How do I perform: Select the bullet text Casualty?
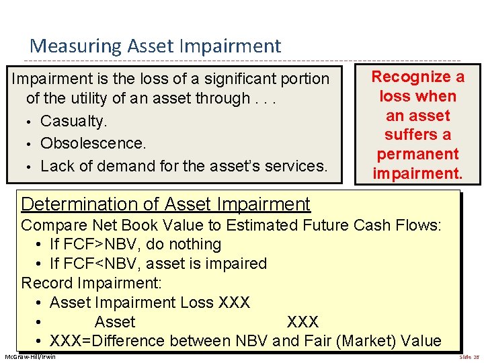pos(73,122)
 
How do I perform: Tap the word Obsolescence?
pos(93,143)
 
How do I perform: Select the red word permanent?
pos(417,154)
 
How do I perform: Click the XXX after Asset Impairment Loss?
pos(234,302)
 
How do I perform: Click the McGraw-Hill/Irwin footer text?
pos(30,356)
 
